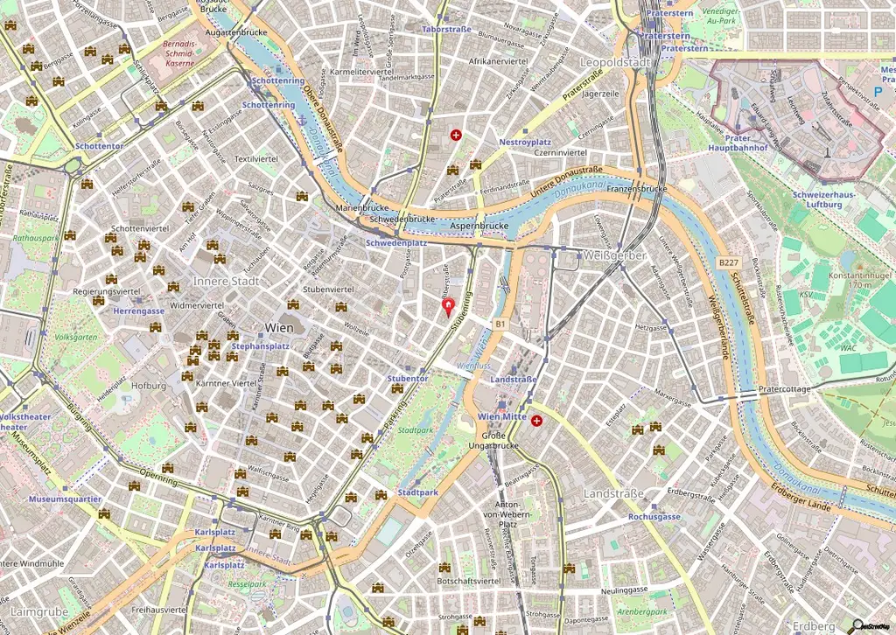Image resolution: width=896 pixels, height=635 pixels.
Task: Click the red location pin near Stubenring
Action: pyautogui.click(x=449, y=307)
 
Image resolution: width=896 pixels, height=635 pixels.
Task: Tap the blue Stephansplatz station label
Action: pyautogui.click(x=260, y=346)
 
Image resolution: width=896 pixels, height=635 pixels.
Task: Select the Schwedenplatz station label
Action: pyautogui.click(x=396, y=243)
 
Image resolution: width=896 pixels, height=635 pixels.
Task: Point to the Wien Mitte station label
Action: pyautogui.click(x=502, y=417)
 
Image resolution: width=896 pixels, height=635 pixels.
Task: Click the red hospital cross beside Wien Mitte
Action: pyautogui.click(x=535, y=421)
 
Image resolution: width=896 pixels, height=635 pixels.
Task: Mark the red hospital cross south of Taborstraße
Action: pyautogui.click(x=456, y=135)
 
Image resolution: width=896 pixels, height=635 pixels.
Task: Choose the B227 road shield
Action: pyautogui.click(x=728, y=262)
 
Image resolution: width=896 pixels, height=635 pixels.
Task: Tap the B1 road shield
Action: pyautogui.click(x=500, y=324)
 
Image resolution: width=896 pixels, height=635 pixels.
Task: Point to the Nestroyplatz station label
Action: pyautogui.click(x=524, y=142)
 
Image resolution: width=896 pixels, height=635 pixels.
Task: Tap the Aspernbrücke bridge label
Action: pyautogui.click(x=479, y=226)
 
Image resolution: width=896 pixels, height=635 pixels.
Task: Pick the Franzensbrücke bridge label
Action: pyautogui.click(x=637, y=189)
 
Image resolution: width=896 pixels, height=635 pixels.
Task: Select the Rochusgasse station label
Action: pyautogui.click(x=654, y=516)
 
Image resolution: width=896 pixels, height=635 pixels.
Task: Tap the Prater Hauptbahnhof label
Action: pyautogui.click(x=740, y=143)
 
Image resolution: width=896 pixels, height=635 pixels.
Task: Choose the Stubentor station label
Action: pyautogui.click(x=408, y=378)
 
